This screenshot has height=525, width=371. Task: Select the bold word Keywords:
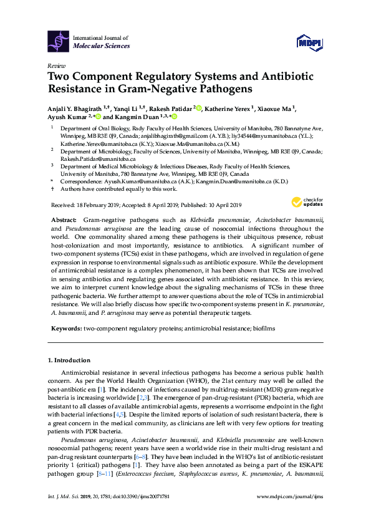click(65, 327)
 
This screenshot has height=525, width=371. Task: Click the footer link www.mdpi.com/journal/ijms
click(290, 513)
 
